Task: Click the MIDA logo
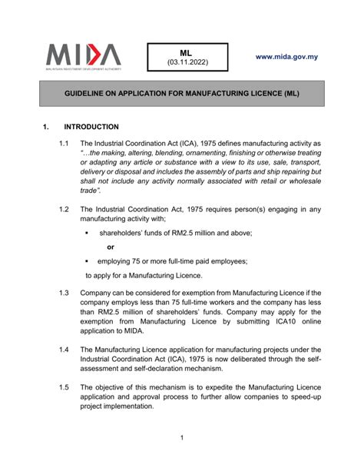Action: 82,55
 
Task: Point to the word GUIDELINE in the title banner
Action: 85,93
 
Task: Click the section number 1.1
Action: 64,143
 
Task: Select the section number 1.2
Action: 64,209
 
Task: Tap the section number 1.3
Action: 64,293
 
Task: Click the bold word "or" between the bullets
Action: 111,247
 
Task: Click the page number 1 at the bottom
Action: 182,438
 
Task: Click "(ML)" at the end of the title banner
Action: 289,93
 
